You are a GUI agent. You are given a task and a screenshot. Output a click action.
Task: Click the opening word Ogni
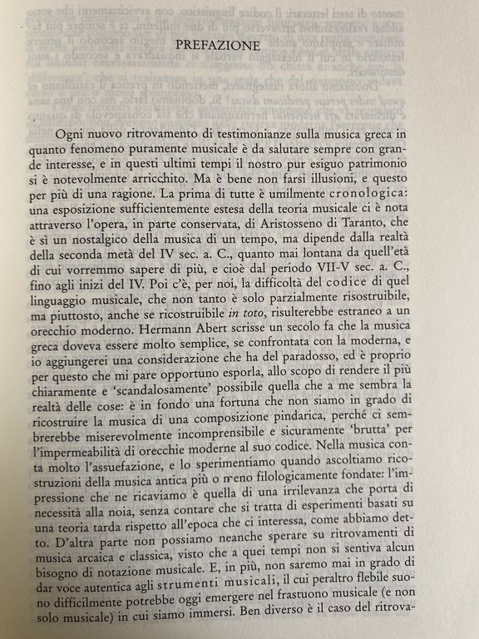click(72, 135)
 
